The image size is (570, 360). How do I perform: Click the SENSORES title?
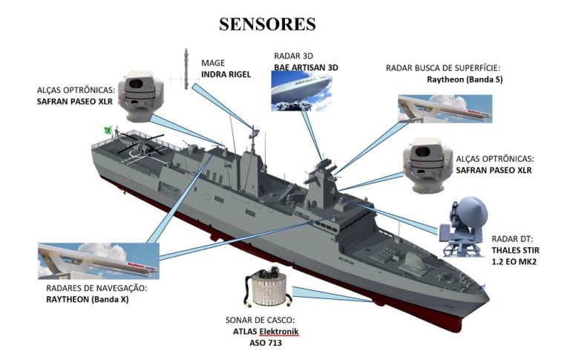tap(267, 24)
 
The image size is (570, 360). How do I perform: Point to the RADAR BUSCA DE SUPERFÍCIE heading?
tap(444, 68)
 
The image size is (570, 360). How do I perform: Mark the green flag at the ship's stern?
tap(108, 130)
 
